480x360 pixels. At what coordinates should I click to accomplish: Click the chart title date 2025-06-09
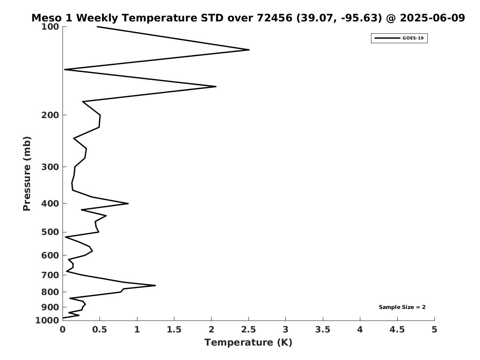(432, 18)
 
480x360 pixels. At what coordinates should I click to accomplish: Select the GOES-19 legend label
(413, 38)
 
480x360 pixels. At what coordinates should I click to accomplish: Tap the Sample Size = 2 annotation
(402, 307)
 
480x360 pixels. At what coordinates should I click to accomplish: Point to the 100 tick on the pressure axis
(50, 27)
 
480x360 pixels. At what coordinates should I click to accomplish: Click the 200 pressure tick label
(50, 115)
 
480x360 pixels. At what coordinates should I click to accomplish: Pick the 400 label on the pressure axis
(50, 203)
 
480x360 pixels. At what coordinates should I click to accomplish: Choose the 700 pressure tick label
(50, 275)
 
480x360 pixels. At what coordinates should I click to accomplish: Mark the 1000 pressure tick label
(47, 320)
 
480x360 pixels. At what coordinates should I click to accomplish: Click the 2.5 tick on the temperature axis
(248, 330)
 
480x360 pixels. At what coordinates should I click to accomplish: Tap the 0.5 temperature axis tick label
(100, 330)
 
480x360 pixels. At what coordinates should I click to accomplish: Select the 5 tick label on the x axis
(434, 330)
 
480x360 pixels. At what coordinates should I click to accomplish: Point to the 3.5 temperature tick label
(322, 330)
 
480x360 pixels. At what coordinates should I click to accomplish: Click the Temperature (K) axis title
(248, 342)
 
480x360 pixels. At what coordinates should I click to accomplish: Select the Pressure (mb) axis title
(27, 174)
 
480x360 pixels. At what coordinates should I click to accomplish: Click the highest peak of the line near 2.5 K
(249, 50)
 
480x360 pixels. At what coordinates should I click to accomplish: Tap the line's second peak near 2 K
(216, 87)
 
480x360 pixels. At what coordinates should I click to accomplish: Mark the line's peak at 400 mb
(128, 203)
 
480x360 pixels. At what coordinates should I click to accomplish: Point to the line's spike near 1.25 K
(155, 285)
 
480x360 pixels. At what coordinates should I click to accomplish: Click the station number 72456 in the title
(274, 18)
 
